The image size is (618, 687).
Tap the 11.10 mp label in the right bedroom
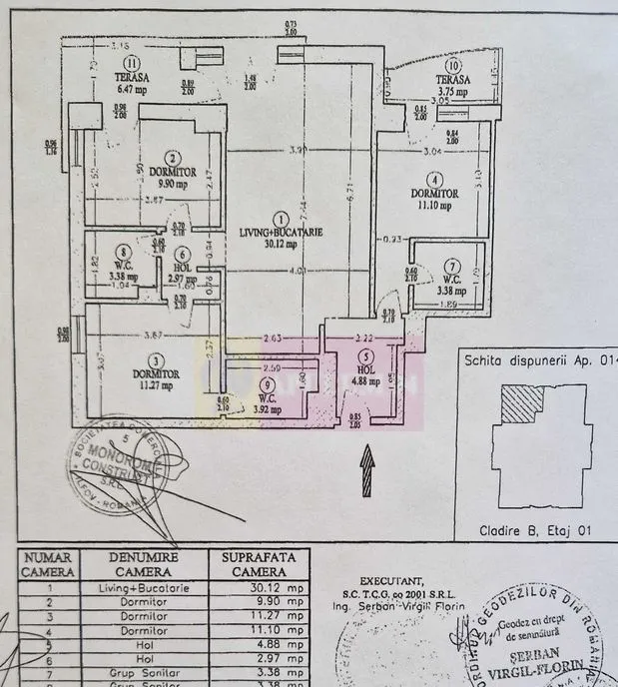pyautogui.click(x=433, y=207)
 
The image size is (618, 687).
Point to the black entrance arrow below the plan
pyautogui.click(x=367, y=457)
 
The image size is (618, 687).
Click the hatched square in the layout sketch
pyautogui.click(x=520, y=405)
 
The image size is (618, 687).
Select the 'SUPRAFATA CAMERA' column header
pyautogui.click(x=258, y=563)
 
